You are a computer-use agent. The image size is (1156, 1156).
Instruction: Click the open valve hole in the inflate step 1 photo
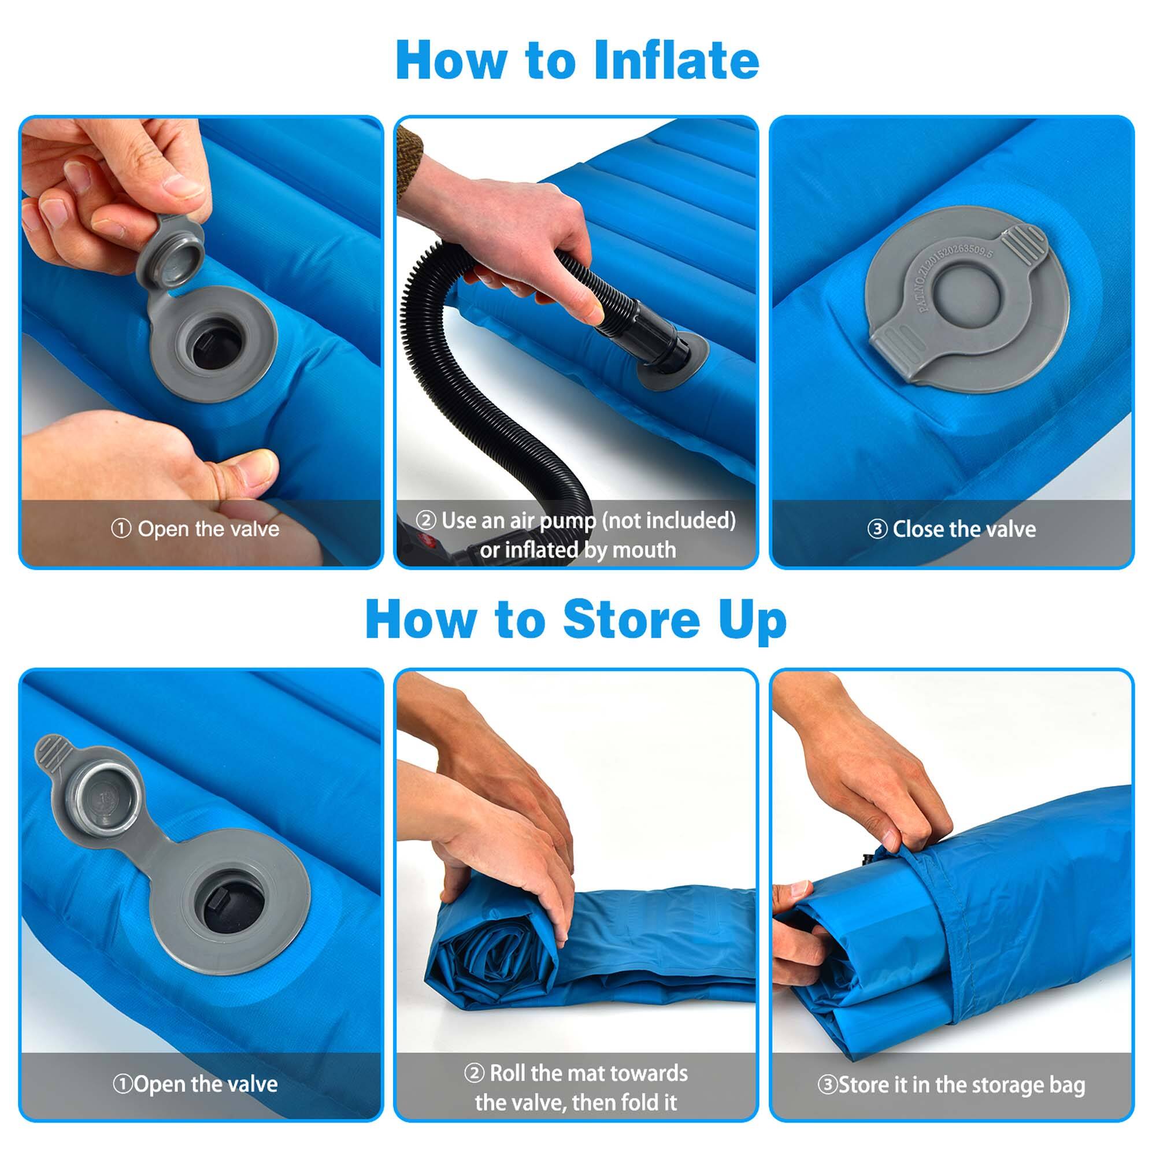click(216, 346)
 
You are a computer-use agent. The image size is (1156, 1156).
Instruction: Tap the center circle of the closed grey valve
click(965, 293)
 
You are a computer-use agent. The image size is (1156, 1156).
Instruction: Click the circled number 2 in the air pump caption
click(425, 520)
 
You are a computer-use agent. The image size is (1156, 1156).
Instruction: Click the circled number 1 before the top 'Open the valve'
click(121, 528)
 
